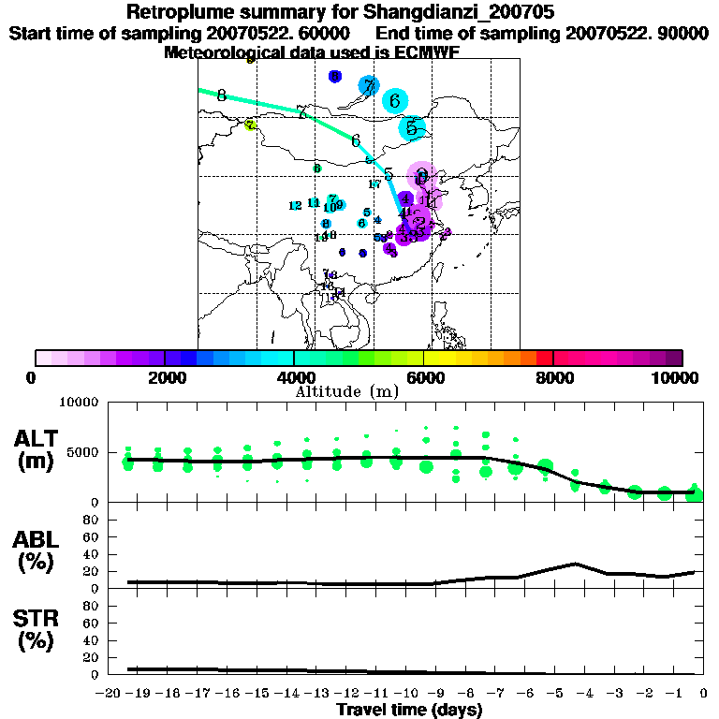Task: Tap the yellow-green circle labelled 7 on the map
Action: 250,125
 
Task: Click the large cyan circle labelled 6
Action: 395,101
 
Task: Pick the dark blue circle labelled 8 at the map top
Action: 335,76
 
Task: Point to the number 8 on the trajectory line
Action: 221,95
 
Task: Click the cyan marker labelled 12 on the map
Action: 295,206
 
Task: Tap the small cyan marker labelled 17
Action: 374,184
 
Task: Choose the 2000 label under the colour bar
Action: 165,378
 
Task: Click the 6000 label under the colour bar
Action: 424,378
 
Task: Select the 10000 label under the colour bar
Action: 678,378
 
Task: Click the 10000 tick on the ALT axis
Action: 80,404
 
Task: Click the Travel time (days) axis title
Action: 410,710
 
